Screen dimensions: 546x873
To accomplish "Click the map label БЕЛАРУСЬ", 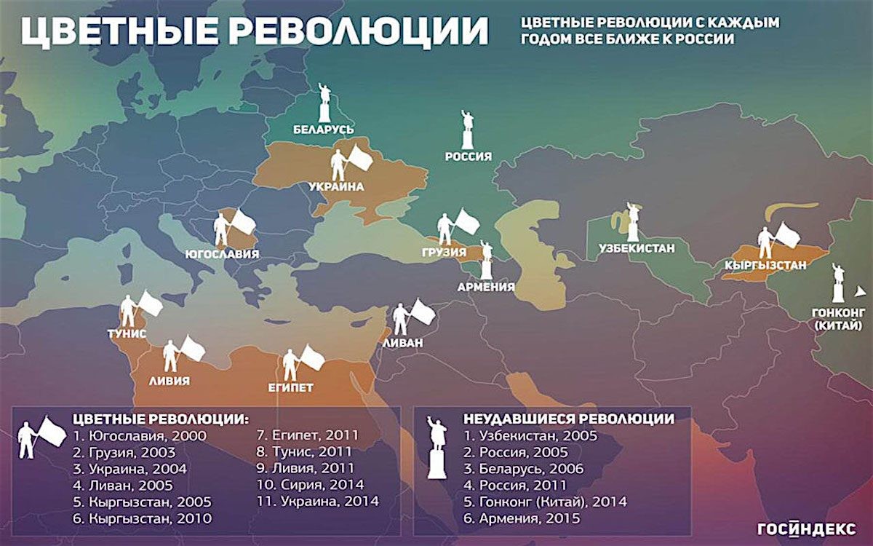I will pos(323,130).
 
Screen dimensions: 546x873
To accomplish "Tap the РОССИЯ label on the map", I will pos(469,157).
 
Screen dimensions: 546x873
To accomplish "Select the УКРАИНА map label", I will pos(335,186).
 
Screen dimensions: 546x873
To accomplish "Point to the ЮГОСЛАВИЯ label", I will pos(223,255).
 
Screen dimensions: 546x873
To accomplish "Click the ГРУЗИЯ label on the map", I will pos(443,253).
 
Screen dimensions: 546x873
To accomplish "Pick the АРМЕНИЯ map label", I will pos(486,287).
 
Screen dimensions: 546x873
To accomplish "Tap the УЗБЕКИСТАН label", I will pos(637,248).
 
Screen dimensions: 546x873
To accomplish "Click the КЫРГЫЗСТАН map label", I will pos(765,266).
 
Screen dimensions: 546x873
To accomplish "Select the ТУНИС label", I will pos(127,333).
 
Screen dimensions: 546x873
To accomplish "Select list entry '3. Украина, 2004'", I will pos(130,469).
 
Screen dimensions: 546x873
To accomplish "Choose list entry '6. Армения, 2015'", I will pos(522,518).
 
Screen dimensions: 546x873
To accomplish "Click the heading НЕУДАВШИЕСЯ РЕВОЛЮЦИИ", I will pos(568,419).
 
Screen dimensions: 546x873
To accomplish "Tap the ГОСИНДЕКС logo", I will pos(806,529).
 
